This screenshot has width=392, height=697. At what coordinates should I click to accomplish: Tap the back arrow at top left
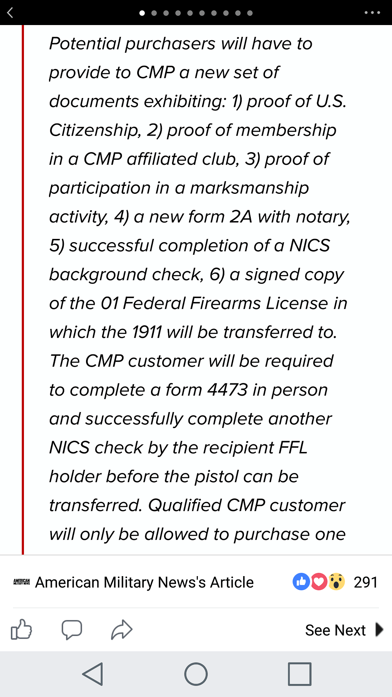(10, 13)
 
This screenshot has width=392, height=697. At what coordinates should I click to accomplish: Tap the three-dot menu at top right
(372, 13)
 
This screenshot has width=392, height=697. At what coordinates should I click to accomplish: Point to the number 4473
(228, 390)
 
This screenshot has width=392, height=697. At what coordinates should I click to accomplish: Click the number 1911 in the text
(147, 332)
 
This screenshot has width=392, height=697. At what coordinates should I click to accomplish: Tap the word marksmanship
(249, 188)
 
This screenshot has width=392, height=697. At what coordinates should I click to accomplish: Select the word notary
(323, 217)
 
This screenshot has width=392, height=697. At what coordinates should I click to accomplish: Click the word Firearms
(225, 303)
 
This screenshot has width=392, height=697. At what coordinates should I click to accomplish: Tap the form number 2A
(241, 217)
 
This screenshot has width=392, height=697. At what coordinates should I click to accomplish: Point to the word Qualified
(185, 505)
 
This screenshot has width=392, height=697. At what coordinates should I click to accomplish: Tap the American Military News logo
(21, 582)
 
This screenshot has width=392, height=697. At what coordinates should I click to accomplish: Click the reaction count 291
(366, 582)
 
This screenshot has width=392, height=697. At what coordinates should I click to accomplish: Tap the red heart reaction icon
(318, 582)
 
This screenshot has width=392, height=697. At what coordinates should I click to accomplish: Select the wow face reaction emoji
(336, 582)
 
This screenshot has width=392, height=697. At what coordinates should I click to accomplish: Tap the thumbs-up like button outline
(21, 629)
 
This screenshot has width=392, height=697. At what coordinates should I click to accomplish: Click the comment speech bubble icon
(72, 629)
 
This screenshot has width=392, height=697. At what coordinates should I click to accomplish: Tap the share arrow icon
(122, 629)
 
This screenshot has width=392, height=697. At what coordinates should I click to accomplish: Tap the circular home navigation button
(196, 674)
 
